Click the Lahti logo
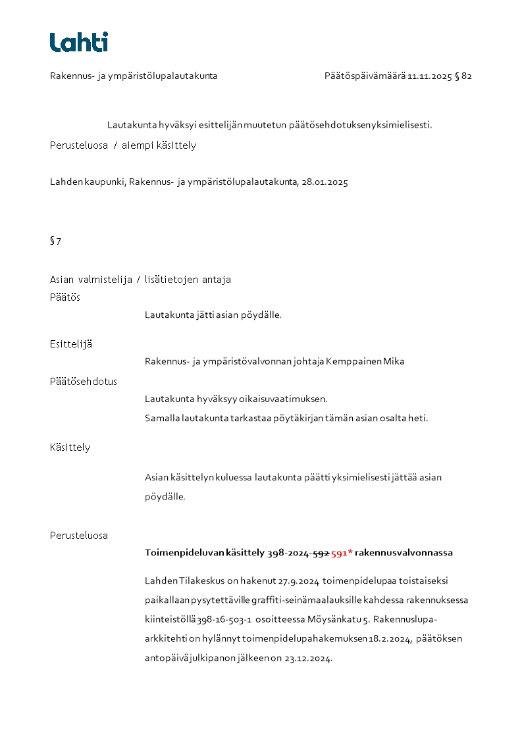(79, 42)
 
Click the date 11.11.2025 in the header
(429, 76)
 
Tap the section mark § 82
(463, 76)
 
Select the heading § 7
(55, 241)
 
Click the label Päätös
(65, 297)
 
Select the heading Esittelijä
(71, 344)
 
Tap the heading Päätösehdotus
(84, 382)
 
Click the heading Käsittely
(70, 447)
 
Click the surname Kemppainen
(354, 361)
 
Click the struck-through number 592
(321, 553)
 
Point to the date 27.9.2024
(299, 581)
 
